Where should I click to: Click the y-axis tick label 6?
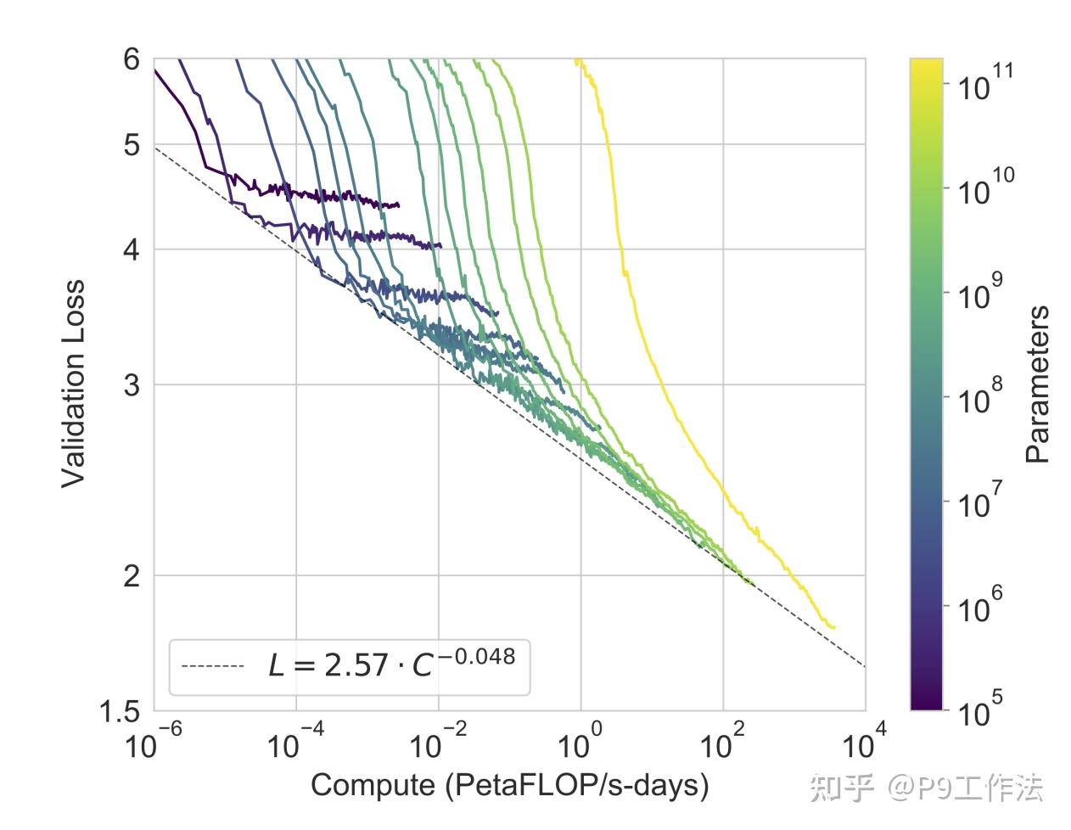coord(131,59)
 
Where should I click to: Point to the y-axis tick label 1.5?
coord(121,712)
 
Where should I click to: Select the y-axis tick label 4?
coord(131,250)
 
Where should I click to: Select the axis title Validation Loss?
coord(74,384)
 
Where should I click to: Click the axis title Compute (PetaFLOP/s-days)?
coord(509,785)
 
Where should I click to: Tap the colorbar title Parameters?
coord(1037,384)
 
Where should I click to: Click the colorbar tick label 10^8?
coord(980,396)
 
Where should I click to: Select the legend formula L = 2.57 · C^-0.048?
coord(391,664)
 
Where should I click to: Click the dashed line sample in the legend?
coord(212,666)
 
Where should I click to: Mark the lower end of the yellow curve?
coord(834,627)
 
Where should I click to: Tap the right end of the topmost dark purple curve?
coord(398,205)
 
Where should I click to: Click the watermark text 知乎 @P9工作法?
coord(926,788)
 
